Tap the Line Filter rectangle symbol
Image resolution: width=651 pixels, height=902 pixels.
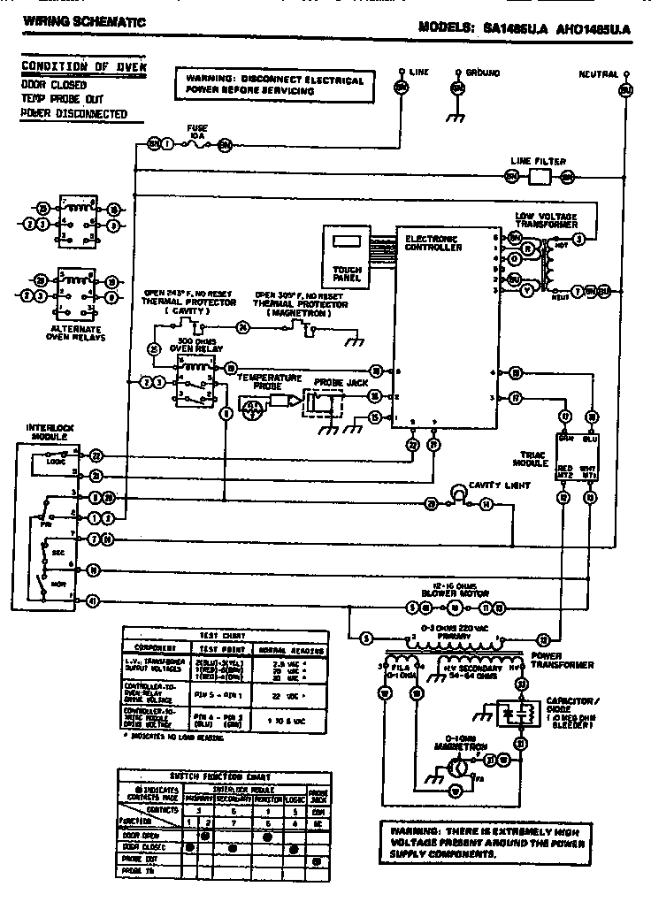[x=539, y=177]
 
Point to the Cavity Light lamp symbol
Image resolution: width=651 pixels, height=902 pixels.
[x=459, y=492]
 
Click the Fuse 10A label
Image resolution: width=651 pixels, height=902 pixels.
[x=197, y=132]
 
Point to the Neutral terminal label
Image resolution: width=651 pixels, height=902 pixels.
[x=598, y=74]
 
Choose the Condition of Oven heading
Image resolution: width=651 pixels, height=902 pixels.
[x=83, y=67]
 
